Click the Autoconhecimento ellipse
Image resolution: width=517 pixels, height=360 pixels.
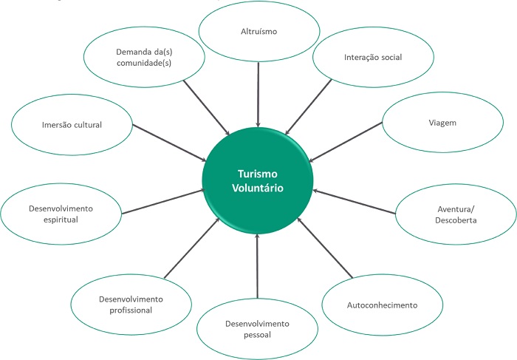click(x=381, y=305)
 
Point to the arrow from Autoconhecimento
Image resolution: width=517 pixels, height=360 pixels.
click(x=325, y=248)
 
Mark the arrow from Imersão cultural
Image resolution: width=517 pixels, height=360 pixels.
click(x=165, y=141)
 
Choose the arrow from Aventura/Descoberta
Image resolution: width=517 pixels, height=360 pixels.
click(x=355, y=200)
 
